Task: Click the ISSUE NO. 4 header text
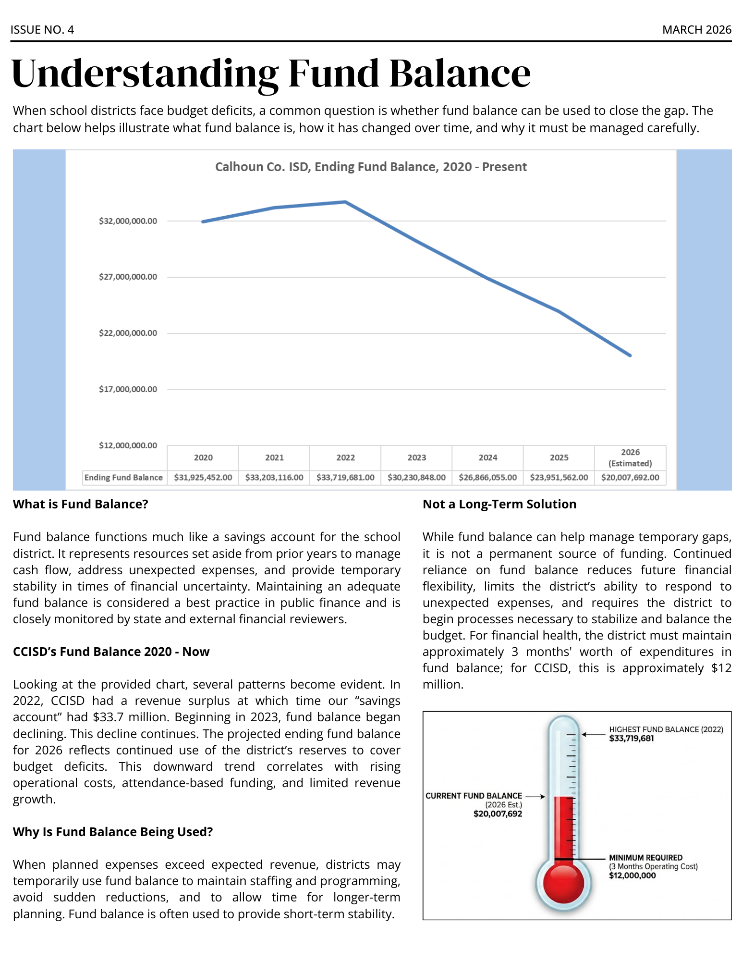[42, 30]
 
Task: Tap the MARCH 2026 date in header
[696, 30]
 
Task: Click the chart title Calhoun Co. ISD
[370, 167]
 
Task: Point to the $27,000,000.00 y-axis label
[128, 277]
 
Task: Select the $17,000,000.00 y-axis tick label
[128, 389]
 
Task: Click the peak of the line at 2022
[345, 202]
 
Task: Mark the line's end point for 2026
[630, 356]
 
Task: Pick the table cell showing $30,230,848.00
[416, 478]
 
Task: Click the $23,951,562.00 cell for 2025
[559, 478]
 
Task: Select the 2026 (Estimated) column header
[630, 457]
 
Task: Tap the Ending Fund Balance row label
[123, 478]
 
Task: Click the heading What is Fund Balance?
[80, 504]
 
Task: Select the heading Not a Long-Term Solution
[499, 504]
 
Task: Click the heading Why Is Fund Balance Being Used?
[112, 832]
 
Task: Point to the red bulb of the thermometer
[563, 883]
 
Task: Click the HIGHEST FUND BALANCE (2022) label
[666, 729]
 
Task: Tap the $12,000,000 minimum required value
[632, 875]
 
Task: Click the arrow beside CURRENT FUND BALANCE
[535, 796]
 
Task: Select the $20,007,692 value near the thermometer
[498, 814]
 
